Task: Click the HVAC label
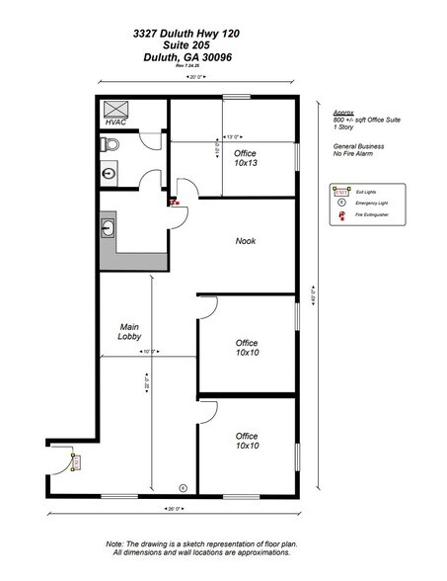tap(116, 123)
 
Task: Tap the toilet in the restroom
tap(112, 144)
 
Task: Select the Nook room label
tap(246, 241)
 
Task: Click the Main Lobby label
tap(133, 333)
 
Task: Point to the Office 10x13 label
tap(246, 158)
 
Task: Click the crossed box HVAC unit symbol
tap(117, 108)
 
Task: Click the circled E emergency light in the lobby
tap(182, 487)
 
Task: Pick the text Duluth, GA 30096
tap(186, 57)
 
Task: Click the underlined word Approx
tap(342, 113)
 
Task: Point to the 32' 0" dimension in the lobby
tap(146, 380)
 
